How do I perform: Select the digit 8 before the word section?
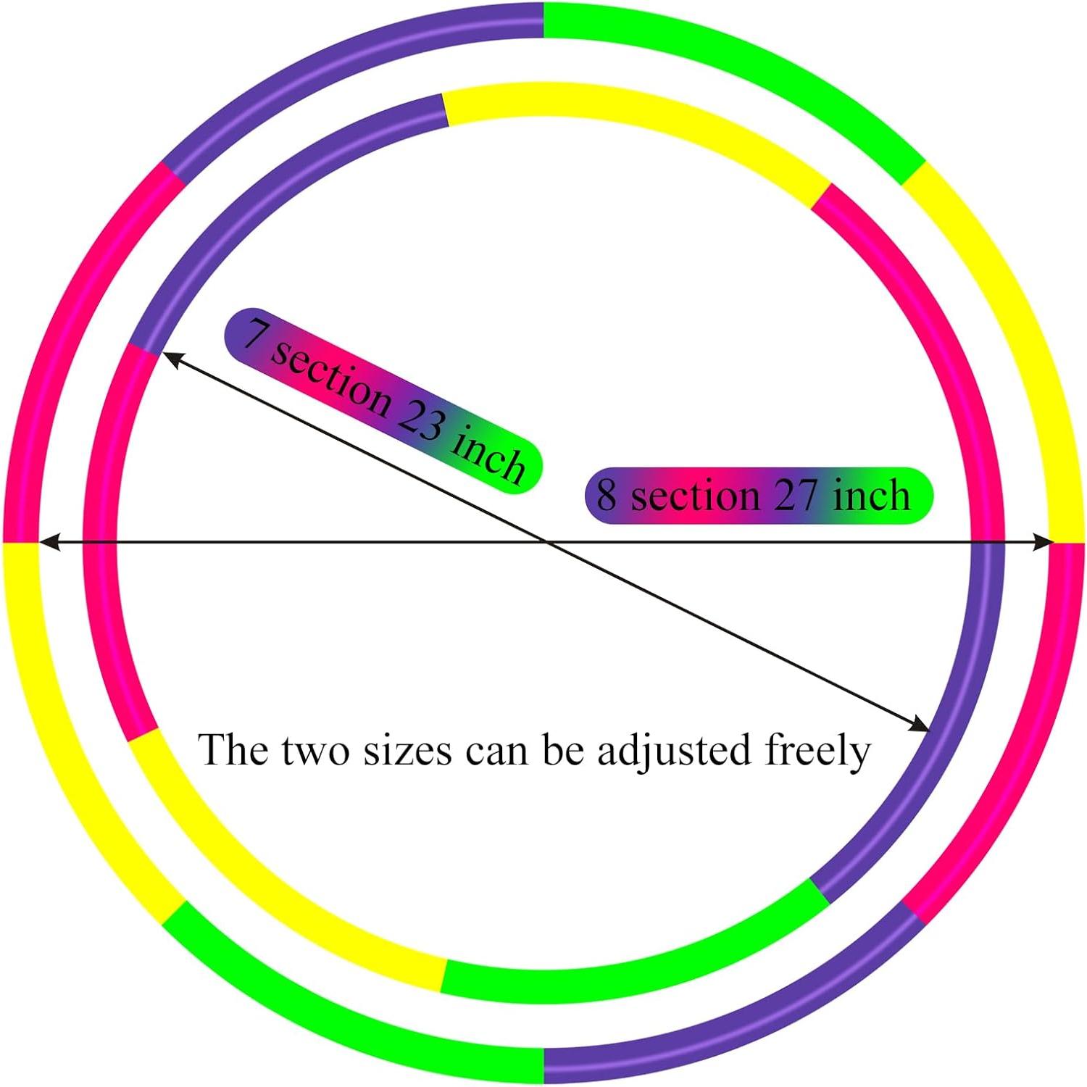pos(606,496)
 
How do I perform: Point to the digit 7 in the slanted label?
pos(253,334)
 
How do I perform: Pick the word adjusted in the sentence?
pos(673,750)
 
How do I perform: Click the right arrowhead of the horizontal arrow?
pos(1044,541)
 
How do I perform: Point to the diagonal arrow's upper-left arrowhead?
pos(170,356)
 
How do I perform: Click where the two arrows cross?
pos(545,541)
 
